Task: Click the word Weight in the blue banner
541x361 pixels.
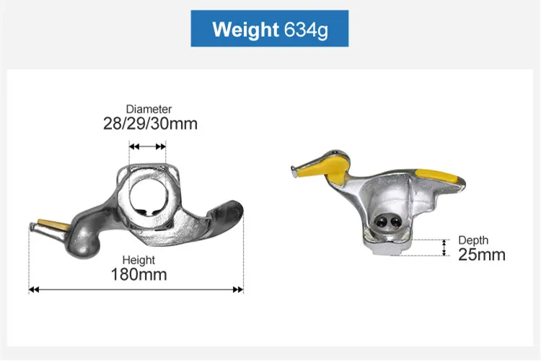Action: click(x=245, y=30)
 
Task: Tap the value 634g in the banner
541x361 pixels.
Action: click(x=306, y=30)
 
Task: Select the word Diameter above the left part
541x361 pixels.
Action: click(x=149, y=109)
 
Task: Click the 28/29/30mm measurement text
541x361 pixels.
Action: click(x=151, y=123)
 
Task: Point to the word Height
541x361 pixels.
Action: click(x=138, y=260)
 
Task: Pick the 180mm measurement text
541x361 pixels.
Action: click(x=138, y=274)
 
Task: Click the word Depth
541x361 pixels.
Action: click(x=473, y=240)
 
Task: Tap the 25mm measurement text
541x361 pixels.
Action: click(x=482, y=255)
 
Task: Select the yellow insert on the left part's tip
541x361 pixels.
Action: click(x=53, y=225)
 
